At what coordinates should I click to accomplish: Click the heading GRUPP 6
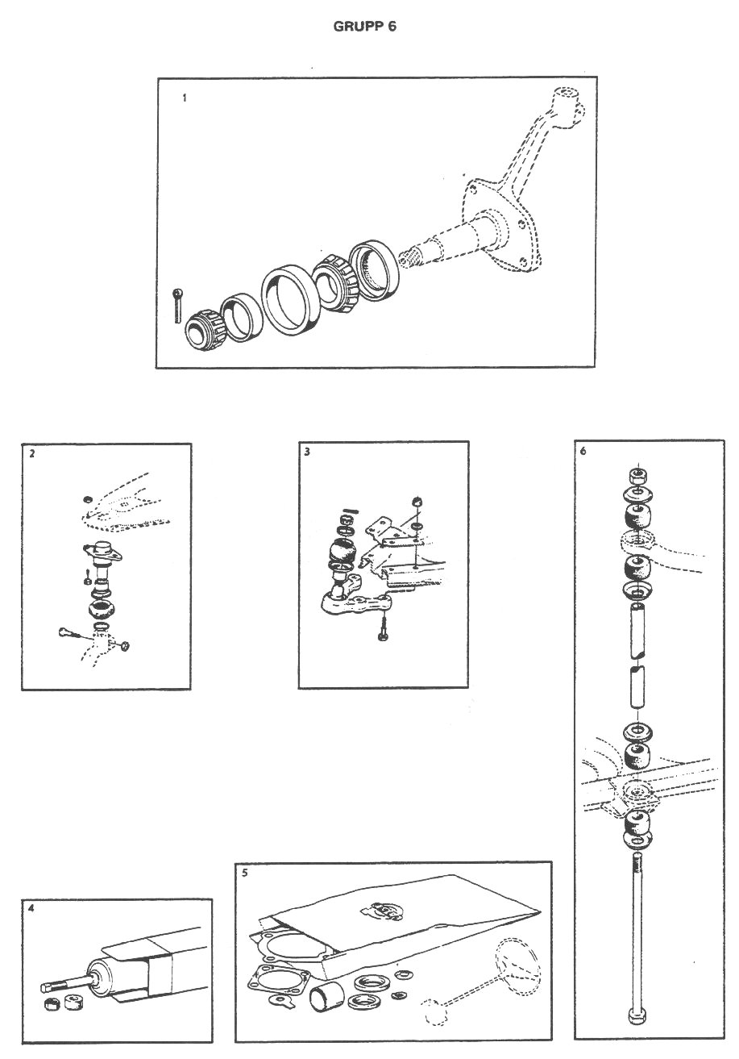[364, 27]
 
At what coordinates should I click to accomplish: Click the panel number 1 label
[185, 98]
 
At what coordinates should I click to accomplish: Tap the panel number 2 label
[31, 454]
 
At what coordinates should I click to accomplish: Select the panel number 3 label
[307, 452]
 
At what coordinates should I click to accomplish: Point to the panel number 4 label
[31, 908]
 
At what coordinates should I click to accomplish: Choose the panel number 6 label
[583, 451]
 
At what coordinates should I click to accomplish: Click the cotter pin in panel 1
[177, 306]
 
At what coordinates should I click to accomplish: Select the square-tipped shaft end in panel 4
[49, 986]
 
